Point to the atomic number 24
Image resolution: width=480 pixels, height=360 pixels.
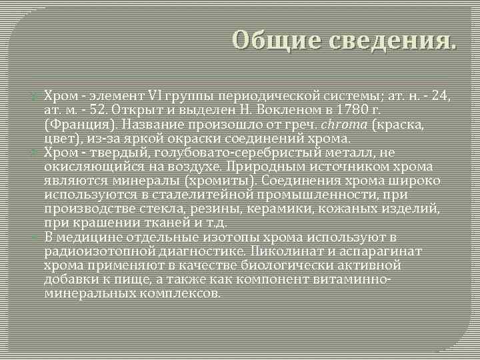click(439, 95)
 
